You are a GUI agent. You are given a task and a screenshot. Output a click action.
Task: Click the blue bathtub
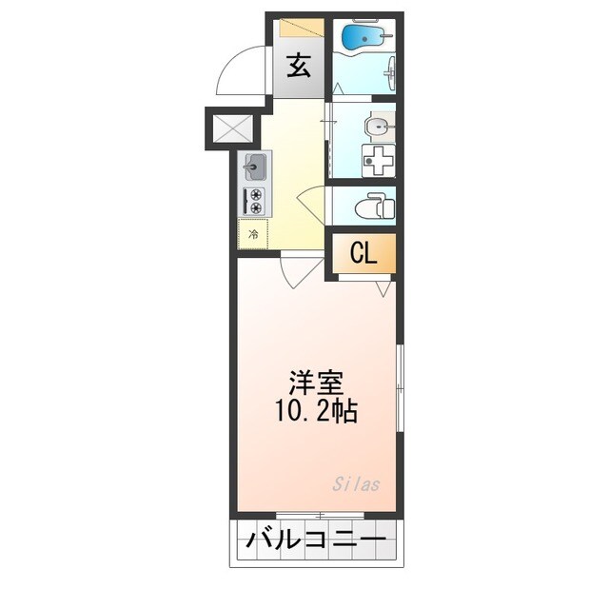pos(362,38)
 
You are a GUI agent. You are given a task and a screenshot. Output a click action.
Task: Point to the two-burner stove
pos(255,201)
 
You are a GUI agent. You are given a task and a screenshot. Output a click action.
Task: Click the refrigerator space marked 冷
pos(253,233)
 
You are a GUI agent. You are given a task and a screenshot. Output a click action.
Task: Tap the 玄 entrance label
pos(299,67)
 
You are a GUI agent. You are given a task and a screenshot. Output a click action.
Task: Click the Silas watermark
pos(356,484)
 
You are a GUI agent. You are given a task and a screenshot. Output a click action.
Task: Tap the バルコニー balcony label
pos(315,541)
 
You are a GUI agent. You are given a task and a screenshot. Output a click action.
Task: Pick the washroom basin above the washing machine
pos(380,125)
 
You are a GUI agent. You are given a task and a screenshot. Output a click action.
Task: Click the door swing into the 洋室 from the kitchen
pos(297,272)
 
